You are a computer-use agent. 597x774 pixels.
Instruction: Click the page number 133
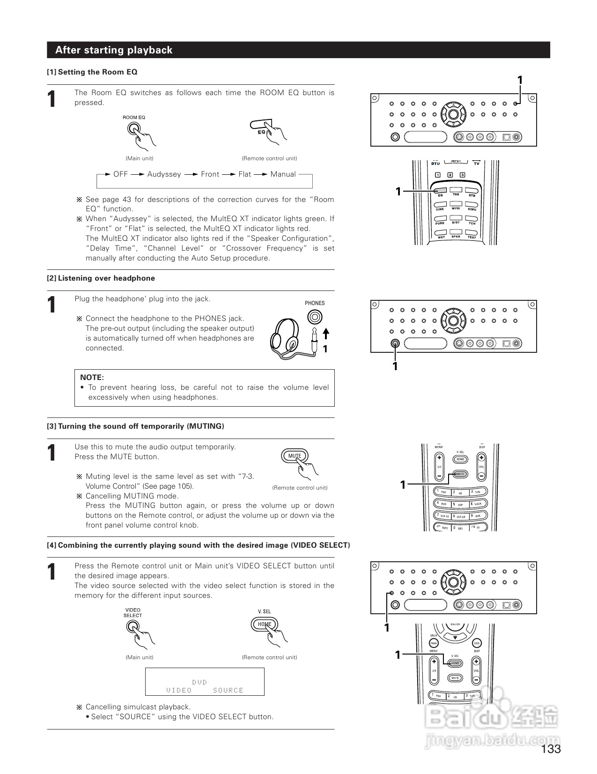551,749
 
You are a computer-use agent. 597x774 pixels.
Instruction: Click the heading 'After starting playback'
114,50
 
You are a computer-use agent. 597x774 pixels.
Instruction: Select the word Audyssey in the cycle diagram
164,174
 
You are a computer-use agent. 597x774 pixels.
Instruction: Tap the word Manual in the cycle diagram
283,174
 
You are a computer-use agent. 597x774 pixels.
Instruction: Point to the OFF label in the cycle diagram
120,174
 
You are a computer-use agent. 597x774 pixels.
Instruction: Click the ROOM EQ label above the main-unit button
134,118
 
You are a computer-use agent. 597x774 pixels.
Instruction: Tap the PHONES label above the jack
315,303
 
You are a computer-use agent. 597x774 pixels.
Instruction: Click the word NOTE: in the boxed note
92,377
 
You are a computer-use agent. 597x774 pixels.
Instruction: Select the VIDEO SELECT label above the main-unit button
133,613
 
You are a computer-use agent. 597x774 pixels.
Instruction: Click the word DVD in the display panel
199,682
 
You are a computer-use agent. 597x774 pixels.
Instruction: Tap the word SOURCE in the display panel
228,690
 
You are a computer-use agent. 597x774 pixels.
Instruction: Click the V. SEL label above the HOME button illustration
264,611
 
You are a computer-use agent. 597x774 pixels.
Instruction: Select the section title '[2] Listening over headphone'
101,278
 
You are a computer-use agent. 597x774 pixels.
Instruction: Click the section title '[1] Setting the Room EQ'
92,72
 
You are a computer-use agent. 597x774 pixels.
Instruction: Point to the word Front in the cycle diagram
210,174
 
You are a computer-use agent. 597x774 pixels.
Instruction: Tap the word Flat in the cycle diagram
245,174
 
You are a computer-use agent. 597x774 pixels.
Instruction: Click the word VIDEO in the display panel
179,690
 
